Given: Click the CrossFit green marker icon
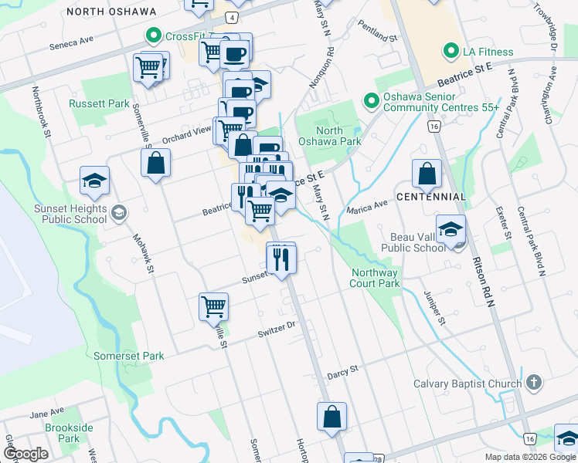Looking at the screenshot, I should click(x=154, y=35).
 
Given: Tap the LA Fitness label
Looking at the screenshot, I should click(x=487, y=52).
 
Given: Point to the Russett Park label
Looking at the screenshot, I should click(x=98, y=103).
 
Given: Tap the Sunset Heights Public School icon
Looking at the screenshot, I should click(x=119, y=212).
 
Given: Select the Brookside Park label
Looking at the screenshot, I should click(x=69, y=433).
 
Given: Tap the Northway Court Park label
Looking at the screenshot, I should click(x=376, y=278).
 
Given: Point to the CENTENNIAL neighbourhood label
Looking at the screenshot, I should click(x=431, y=197).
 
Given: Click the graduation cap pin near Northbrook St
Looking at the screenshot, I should click(x=95, y=182).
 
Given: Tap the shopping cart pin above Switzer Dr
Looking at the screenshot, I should click(x=214, y=306).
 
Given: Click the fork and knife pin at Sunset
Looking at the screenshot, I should click(x=281, y=258).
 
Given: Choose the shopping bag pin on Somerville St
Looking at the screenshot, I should click(x=155, y=164).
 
